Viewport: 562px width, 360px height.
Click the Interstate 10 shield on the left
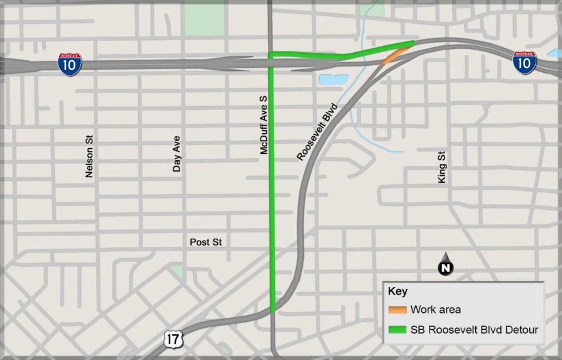[70, 64]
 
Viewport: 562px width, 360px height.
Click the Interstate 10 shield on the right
[524, 62]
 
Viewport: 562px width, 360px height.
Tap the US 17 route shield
[173, 339]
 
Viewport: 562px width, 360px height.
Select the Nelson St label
[89, 156]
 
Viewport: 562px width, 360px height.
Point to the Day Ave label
[176, 154]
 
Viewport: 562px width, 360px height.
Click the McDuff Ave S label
[264, 125]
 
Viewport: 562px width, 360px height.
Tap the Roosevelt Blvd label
[317, 132]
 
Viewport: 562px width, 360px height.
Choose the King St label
[441, 167]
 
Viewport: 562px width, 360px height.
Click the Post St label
[206, 242]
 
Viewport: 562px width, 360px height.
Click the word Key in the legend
[397, 291]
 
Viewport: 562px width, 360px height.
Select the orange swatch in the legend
[397, 310]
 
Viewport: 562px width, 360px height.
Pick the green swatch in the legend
[397, 330]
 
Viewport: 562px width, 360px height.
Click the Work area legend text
[436, 310]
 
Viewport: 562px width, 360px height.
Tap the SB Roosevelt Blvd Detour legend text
[474, 330]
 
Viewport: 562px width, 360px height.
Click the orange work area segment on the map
[395, 55]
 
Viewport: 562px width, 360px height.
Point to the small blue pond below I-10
[333, 80]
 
